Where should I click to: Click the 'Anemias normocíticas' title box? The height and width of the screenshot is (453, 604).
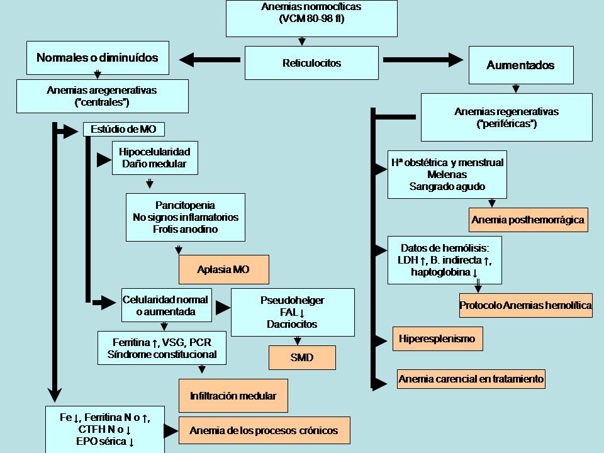pyautogui.click(x=311, y=18)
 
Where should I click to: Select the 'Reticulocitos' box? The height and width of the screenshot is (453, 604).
pyautogui.click(x=303, y=63)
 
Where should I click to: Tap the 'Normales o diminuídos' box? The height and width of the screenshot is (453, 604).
pyautogui.click(x=97, y=58)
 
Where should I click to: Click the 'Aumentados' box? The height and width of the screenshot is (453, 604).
pyautogui.click(x=520, y=65)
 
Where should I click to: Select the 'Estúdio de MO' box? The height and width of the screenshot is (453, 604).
pyautogui.click(x=124, y=130)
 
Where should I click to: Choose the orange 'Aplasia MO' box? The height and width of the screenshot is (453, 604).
pyautogui.click(x=223, y=269)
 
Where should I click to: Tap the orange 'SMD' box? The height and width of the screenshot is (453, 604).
pyautogui.click(x=302, y=358)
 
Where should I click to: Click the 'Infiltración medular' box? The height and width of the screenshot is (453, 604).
pyautogui.click(x=233, y=396)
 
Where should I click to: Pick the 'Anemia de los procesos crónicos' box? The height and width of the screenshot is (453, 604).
pyautogui.click(x=264, y=431)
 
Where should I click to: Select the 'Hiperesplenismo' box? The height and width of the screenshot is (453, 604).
pyautogui.click(x=437, y=338)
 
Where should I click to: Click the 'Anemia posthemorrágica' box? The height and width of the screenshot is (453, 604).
pyautogui.click(x=528, y=220)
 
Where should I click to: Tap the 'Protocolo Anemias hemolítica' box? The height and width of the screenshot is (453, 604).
pyautogui.click(x=525, y=305)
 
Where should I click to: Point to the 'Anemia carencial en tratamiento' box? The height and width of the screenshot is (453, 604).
pyautogui.click(x=471, y=379)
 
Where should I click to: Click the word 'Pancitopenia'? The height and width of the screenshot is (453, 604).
pyautogui.click(x=185, y=205)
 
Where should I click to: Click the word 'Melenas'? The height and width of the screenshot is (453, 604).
pyautogui.click(x=447, y=174)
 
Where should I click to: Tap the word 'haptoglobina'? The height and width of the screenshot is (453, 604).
pyautogui.click(x=440, y=272)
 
